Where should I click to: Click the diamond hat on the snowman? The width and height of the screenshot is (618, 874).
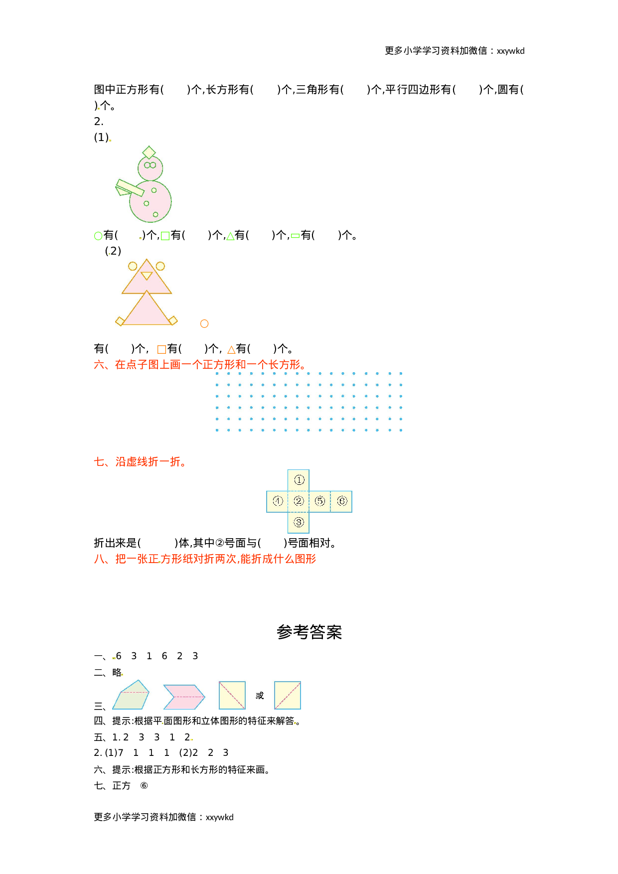pos(149,152)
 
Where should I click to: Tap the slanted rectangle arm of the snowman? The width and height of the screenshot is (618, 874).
pos(130,188)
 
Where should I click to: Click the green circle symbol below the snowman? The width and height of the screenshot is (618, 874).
pos(98,236)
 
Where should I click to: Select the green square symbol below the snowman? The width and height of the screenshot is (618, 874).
pos(165,236)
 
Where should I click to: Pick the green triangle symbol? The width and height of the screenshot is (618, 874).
pos(230,236)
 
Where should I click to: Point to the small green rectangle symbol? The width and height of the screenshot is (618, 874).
pos(295,236)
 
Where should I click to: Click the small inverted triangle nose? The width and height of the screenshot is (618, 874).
pos(147,276)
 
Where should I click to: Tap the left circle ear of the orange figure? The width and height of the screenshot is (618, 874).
pos(133,266)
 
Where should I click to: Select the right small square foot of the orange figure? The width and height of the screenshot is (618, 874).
pos(172,320)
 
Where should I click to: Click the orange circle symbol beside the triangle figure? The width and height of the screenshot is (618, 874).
pos(204,324)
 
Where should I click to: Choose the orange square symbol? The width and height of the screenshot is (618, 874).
pos(161,349)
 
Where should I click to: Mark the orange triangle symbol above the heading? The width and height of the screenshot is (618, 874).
pos(231,350)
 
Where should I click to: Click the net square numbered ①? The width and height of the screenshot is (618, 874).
pos(299,480)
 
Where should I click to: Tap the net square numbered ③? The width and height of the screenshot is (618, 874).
pos(299,522)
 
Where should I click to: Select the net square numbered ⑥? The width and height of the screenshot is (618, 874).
pos(341,501)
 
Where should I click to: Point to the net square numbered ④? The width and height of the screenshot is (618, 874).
pos(278,501)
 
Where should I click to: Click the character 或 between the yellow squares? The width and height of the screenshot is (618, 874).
pos(260,695)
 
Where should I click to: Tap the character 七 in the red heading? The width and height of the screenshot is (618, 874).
pos(99,461)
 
